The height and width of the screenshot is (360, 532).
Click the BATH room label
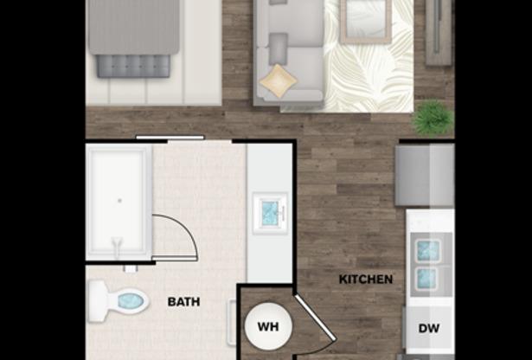coord(183,302)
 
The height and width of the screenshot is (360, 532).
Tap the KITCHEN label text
coord(366,280)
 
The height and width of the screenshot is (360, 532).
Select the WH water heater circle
coord(268,328)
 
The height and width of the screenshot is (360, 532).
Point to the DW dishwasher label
coord(430,328)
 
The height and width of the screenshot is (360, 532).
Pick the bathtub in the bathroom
coord(119,201)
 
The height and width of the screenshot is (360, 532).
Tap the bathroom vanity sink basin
coord(269,211)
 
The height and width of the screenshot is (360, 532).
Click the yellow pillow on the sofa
coord(279,80)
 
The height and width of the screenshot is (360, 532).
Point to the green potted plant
coord(432,119)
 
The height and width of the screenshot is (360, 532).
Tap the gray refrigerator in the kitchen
coord(424,175)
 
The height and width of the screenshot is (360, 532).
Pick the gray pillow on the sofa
coord(279,44)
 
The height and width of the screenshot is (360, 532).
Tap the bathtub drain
coord(119,200)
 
